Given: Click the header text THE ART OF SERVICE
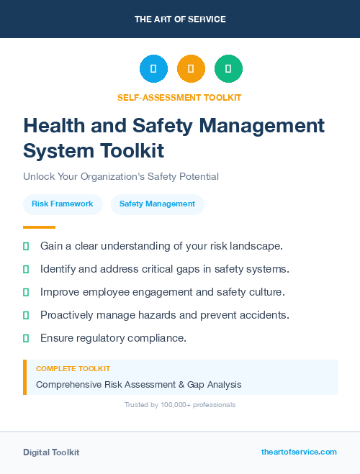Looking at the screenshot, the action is coord(180,19).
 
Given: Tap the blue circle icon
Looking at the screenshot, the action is coord(153,69).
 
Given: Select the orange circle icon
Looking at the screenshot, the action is coord(191,69).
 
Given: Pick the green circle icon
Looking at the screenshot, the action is coord(228,69).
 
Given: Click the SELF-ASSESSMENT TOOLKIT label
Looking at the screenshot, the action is coord(179,97).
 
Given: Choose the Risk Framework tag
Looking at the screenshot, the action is coord(63,204).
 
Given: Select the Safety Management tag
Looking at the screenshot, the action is coord(157,204).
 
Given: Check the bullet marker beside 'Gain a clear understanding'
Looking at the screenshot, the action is coord(26,246).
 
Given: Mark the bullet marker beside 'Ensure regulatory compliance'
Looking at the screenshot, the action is coord(26,338).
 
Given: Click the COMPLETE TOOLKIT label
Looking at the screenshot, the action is coord(73,369).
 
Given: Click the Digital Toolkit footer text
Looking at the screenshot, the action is coord(51,452).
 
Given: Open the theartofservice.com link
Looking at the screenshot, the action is coord(299,452).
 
